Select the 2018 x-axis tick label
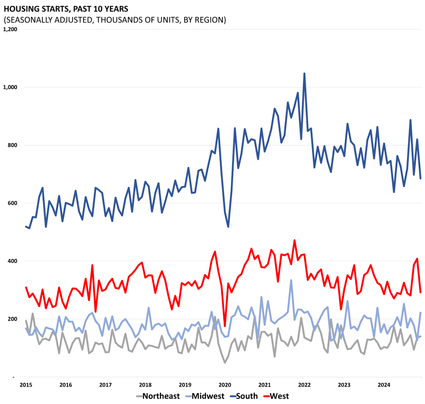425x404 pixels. click(144, 385)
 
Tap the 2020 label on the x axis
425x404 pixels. click(225, 385)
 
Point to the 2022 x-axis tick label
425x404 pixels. click(304, 385)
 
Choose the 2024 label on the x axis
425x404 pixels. click(384, 385)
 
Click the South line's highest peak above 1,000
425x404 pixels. click(304, 73)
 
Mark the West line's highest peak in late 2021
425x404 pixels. click(294, 240)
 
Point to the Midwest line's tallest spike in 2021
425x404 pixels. click(291, 280)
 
